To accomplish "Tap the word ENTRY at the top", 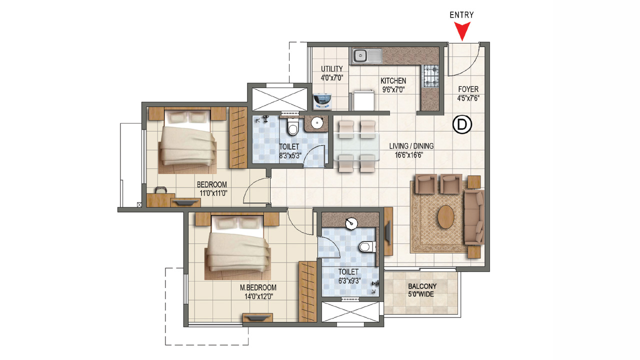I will pyautogui.click(x=461, y=15).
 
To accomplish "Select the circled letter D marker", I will pyautogui.click(x=462, y=125).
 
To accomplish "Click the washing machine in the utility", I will pyautogui.click(x=322, y=101).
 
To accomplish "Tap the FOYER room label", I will pyautogui.click(x=468, y=93).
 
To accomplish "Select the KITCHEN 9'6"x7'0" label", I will pyautogui.click(x=393, y=85).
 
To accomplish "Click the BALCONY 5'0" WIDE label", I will pyautogui.click(x=421, y=290).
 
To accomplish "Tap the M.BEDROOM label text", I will pyautogui.click(x=257, y=292).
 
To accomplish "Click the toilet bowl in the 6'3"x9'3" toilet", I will pyautogui.click(x=366, y=246).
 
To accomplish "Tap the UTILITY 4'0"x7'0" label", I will pyautogui.click(x=331, y=73).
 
